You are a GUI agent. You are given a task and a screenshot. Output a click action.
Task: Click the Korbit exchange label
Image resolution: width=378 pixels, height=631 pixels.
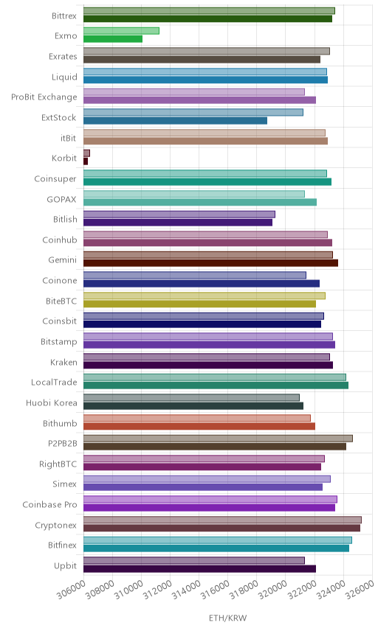point(64,158)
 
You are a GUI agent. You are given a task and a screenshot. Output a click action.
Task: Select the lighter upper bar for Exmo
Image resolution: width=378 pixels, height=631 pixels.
point(121,30)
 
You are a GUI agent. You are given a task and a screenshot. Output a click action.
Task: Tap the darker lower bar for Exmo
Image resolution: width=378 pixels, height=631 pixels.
point(113,39)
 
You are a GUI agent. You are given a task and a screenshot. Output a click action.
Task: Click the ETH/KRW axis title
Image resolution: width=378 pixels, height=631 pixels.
point(227,618)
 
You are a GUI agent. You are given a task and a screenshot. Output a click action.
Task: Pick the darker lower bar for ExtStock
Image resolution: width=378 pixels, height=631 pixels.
point(175,121)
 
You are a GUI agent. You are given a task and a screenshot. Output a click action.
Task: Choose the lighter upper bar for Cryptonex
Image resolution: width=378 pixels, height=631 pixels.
point(222,520)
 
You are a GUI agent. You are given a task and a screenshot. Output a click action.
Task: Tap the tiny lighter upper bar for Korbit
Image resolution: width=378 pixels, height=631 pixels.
point(86,153)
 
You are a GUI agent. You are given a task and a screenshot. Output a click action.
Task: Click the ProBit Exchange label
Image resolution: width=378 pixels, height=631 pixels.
point(44,97)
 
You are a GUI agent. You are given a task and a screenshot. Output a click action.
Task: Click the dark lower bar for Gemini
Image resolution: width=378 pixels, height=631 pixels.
point(210,263)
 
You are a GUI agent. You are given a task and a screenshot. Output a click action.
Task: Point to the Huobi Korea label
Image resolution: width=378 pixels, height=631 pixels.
point(51,402)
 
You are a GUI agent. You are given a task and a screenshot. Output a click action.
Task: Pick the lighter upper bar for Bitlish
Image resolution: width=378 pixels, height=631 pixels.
point(179,214)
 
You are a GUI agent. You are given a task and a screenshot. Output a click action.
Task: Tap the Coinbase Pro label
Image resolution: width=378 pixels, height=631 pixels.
point(49,505)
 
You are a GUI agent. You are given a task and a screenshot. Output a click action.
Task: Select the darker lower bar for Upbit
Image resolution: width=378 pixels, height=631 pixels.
point(200,569)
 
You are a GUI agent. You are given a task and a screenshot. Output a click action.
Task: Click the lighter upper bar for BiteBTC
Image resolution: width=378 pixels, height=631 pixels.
point(205,296)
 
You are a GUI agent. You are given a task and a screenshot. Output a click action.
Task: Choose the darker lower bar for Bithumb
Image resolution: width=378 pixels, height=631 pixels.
point(199,426)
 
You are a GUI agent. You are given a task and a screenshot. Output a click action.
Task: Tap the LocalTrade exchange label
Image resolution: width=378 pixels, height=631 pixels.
point(54,383)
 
